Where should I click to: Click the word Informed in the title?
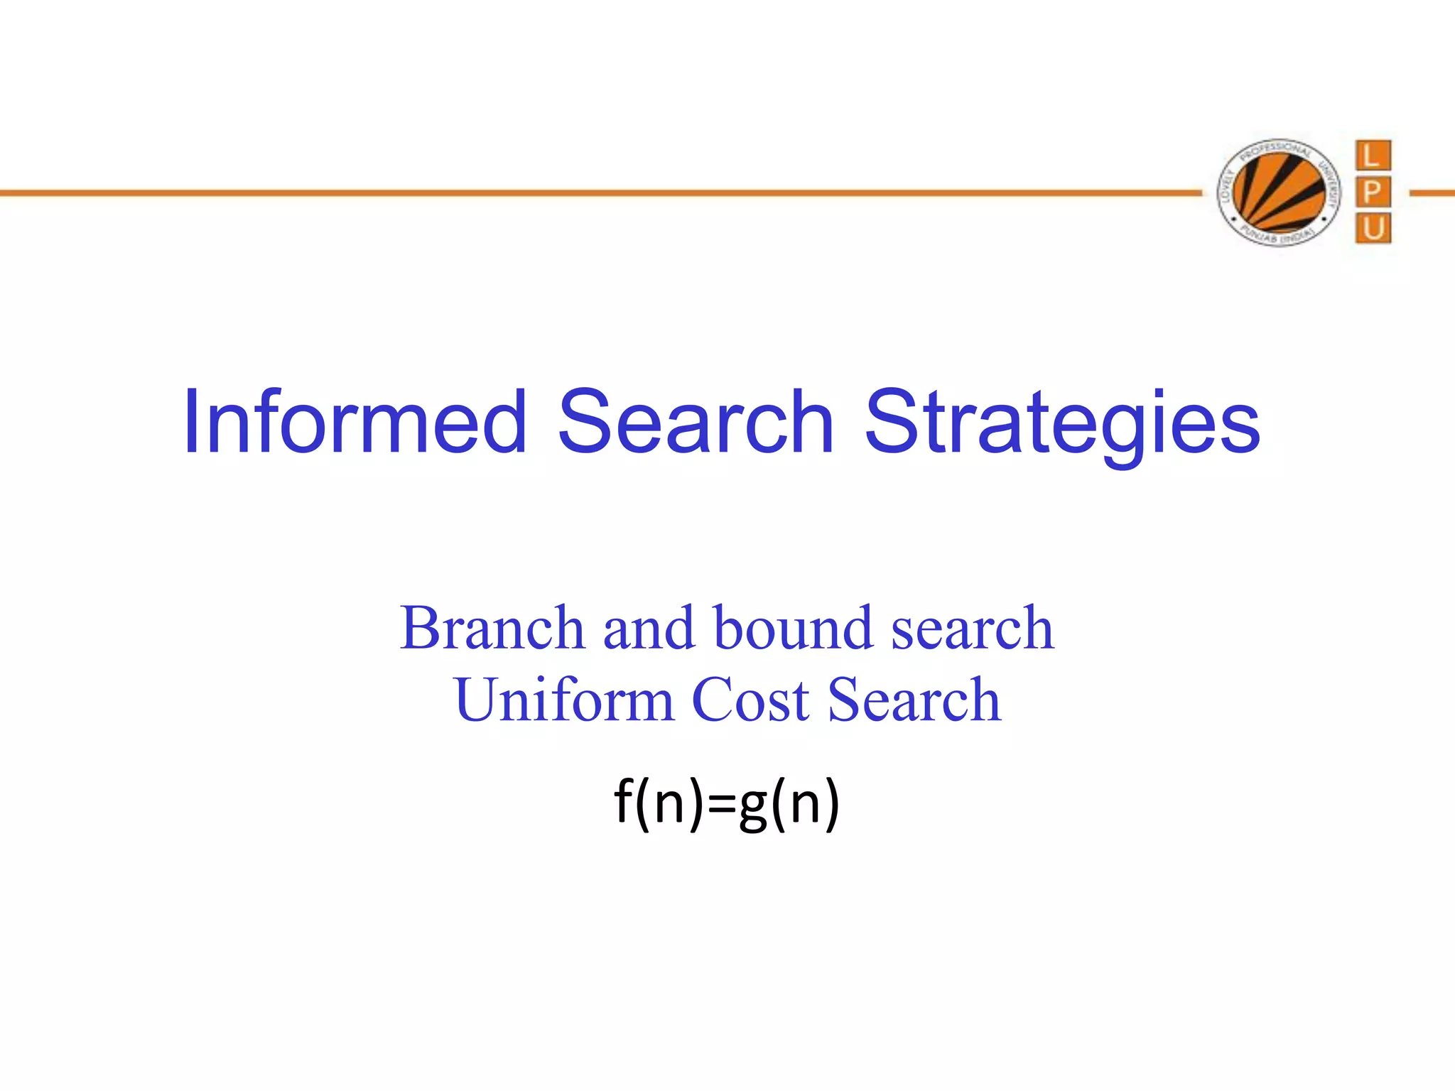point(355,422)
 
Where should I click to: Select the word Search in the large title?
point(696,422)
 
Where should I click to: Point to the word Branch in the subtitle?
point(492,628)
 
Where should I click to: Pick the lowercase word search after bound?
point(973,629)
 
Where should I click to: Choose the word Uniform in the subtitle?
point(564,700)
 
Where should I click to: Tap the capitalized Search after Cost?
point(914,700)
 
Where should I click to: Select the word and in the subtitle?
point(648,628)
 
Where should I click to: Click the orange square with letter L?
point(1373,156)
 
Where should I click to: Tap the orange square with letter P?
point(1373,192)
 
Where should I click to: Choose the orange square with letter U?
point(1373,229)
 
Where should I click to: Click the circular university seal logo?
point(1279,192)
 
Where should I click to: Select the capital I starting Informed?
point(190,422)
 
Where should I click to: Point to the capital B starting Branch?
point(422,628)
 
